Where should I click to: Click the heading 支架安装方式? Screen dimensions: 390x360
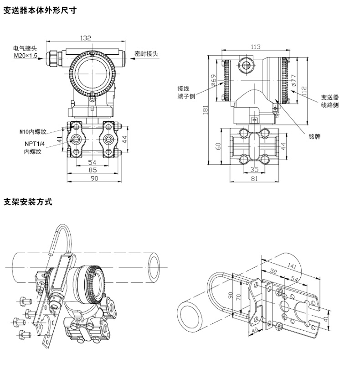click(x=28, y=201)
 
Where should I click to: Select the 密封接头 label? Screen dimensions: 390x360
click(x=147, y=53)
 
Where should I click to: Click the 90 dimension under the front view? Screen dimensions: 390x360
click(x=94, y=178)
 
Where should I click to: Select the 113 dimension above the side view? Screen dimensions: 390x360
click(x=255, y=47)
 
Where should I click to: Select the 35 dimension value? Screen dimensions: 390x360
click(x=255, y=170)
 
